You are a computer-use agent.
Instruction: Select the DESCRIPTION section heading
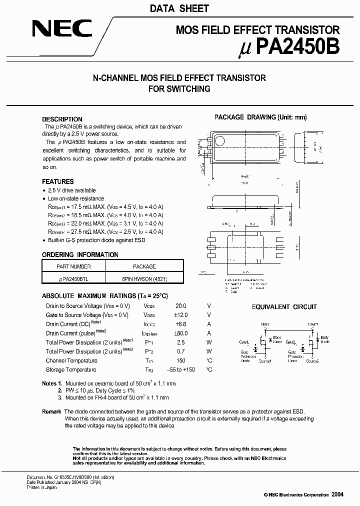click(x=62, y=119)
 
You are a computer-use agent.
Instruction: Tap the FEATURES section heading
click(x=57, y=181)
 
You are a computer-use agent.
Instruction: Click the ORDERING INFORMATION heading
click(x=80, y=254)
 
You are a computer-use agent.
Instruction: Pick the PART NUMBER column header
click(x=73, y=266)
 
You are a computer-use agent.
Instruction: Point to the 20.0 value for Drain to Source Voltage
click(x=180, y=306)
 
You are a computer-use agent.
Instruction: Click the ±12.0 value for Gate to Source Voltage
click(x=180, y=315)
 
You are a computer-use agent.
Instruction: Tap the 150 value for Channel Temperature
click(x=180, y=360)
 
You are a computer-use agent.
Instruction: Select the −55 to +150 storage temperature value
click(x=180, y=369)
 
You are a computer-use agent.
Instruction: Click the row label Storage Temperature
click(x=71, y=369)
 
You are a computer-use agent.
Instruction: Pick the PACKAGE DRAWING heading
click(x=260, y=117)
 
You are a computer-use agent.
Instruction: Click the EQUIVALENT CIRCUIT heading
click(x=284, y=307)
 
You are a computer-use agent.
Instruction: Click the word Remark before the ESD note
click(x=52, y=411)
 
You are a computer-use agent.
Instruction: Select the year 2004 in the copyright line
click(x=337, y=494)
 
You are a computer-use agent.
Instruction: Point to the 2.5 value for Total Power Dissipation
click(x=180, y=342)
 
